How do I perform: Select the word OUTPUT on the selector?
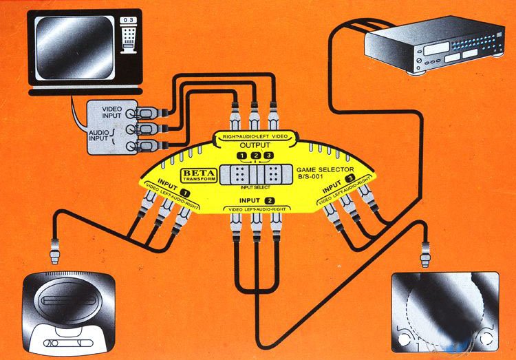pos(255,146)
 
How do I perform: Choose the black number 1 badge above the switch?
pos(241,156)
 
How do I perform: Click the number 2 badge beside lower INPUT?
pos(270,200)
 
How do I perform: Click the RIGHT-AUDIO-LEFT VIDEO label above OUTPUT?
pos(255,136)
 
